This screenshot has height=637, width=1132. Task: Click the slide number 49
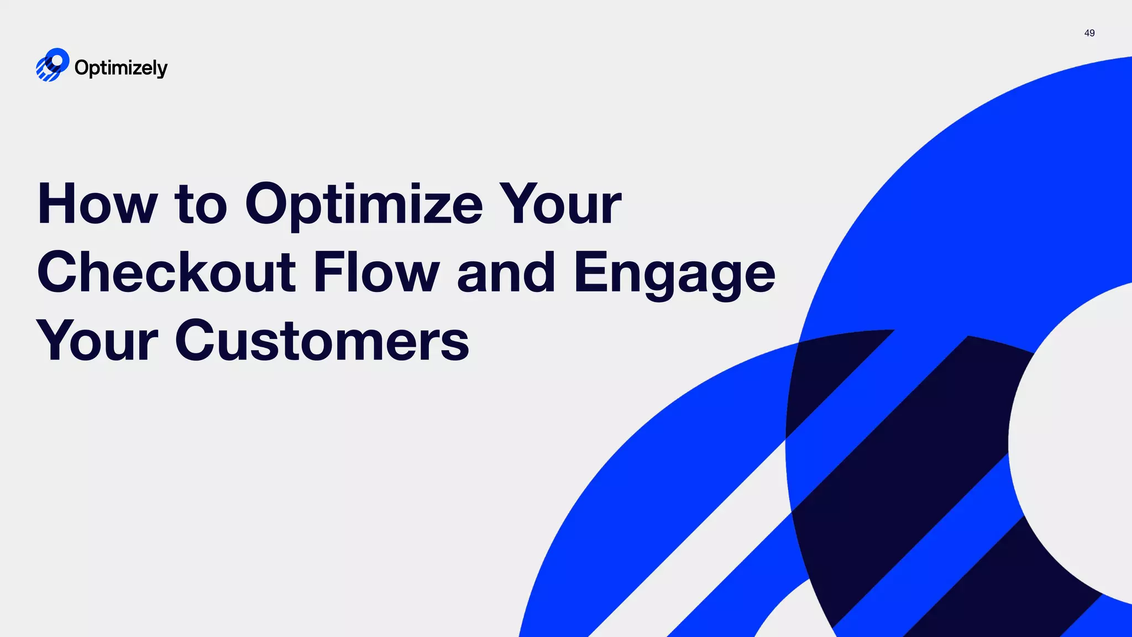pos(1089,33)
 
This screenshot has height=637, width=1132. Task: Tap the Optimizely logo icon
pos(53,65)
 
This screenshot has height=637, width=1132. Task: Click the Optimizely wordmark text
pos(120,68)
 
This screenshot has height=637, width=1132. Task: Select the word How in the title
pos(97,205)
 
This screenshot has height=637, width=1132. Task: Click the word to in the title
pos(201,206)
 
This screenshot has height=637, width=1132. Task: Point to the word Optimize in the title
pos(364,206)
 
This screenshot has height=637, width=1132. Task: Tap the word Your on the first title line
pos(560,205)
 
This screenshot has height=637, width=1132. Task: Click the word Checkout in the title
pos(166,272)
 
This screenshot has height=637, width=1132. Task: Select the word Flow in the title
pos(376,272)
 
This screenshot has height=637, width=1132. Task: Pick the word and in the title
pos(506,273)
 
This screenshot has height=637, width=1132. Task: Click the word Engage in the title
pos(674,274)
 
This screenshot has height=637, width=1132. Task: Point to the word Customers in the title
pos(322,341)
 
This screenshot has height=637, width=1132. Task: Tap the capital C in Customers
pos(197,340)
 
